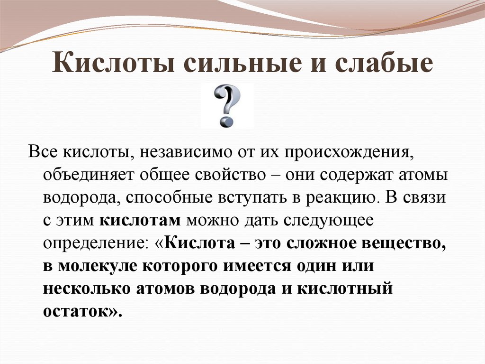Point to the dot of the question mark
(226, 121)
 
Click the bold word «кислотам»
(140, 221)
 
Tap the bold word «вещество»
(404, 243)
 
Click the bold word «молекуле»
(97, 266)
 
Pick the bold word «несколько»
(87, 289)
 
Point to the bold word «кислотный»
(345, 289)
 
